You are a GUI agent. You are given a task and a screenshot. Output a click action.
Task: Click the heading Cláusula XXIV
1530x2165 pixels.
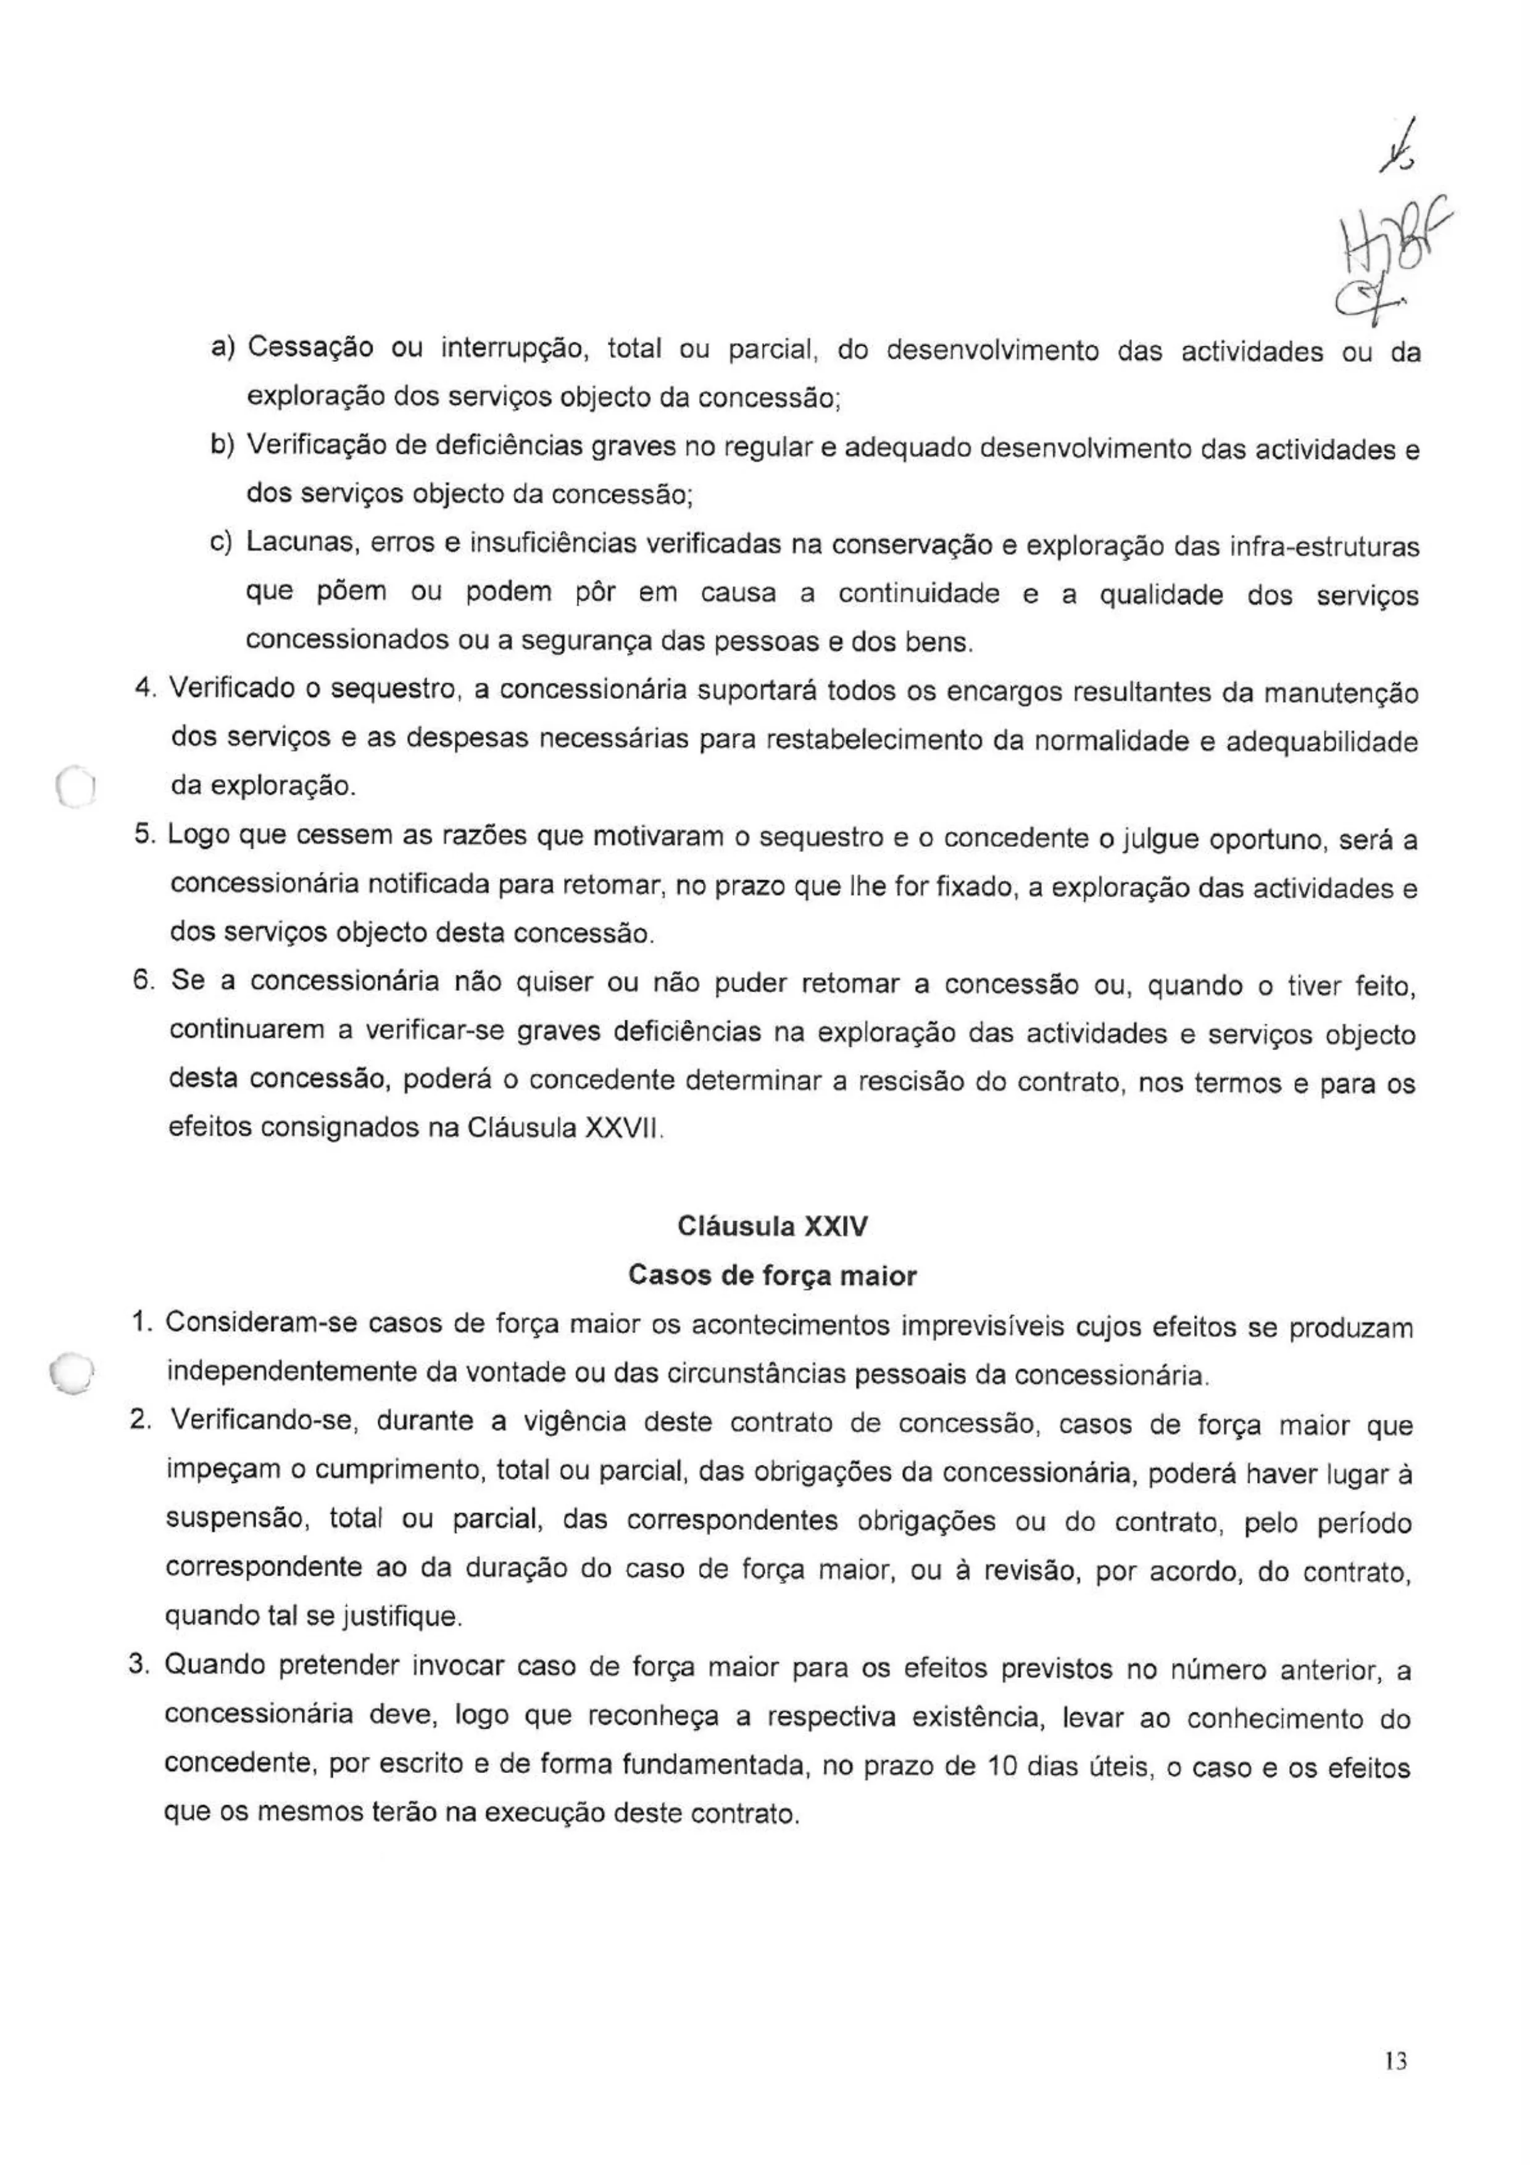click(772, 1226)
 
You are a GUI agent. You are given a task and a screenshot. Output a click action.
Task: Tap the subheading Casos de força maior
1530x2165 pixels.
click(772, 1276)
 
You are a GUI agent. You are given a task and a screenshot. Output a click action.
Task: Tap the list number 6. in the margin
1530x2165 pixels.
click(143, 981)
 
